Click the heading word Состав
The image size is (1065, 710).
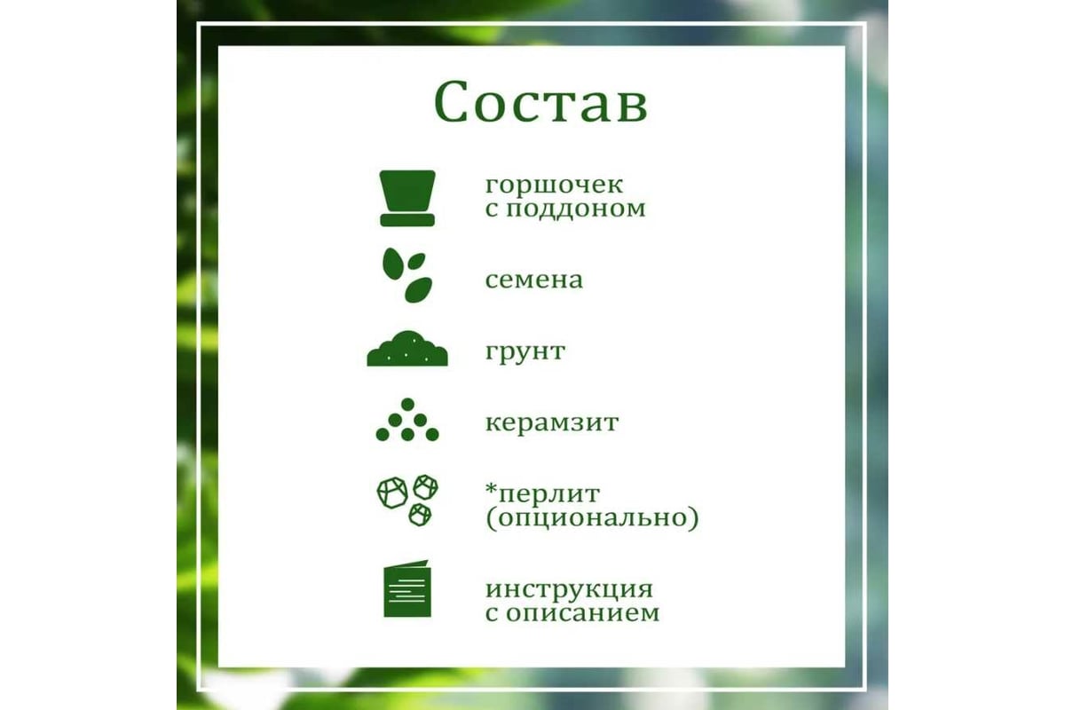tap(540, 102)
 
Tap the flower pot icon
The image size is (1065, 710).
tap(407, 198)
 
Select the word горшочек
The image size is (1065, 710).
tap(554, 185)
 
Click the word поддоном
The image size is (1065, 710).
tap(575, 209)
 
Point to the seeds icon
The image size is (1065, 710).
tap(407, 275)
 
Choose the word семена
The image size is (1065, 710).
tap(534, 280)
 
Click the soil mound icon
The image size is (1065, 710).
tap(407, 349)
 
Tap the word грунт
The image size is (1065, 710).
tap(525, 352)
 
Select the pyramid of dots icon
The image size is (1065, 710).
tap(407, 420)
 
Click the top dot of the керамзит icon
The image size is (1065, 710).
tap(407, 404)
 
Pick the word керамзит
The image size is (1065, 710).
tap(551, 422)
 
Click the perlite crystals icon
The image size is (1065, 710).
tap(407, 500)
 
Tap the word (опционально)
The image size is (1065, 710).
tap(592, 518)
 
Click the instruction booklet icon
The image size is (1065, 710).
tap(407, 588)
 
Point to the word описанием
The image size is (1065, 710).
tap(582, 613)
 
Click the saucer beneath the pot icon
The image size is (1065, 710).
tap(407, 220)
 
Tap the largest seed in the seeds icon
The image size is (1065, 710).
tap(418, 290)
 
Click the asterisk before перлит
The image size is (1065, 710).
tap(491, 489)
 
